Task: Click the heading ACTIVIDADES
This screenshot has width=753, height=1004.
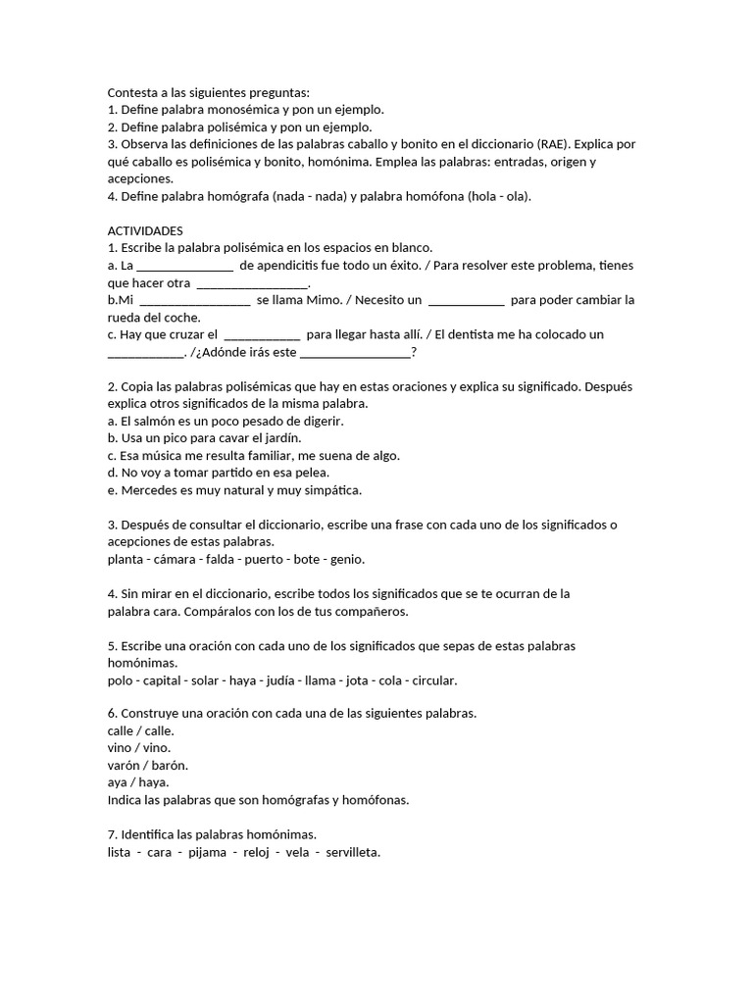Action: pos(145,229)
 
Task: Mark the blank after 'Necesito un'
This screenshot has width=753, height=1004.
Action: pos(467,300)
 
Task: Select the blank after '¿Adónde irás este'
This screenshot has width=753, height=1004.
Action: pos(355,353)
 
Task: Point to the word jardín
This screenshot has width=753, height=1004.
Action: pos(280,438)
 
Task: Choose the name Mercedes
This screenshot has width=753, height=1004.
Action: pos(149,490)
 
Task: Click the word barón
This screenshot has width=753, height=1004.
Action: pos(169,765)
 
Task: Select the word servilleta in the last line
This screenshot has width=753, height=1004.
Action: pos(352,852)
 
